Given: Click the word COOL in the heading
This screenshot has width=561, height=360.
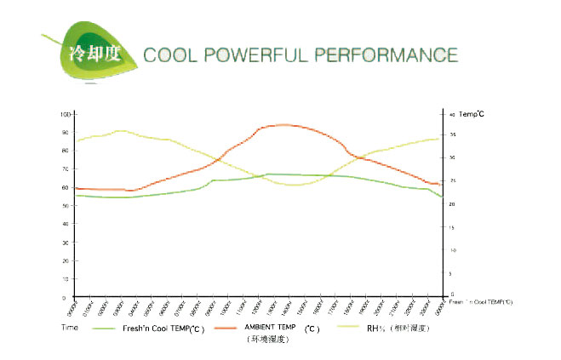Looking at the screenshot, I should pos(174,56).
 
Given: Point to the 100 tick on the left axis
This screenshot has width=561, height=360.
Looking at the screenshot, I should pos(66,113).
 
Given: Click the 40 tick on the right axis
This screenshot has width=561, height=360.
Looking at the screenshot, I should pos(451,113).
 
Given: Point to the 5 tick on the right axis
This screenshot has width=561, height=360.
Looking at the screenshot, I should pos(451,273).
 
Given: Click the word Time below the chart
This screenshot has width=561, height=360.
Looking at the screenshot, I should pos(70,327).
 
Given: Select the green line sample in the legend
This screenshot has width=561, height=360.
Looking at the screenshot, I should pos(106,328).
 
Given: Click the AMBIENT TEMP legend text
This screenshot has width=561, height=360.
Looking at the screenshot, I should pos(272,326).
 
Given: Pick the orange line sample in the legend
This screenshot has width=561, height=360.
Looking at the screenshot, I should pos(225,328).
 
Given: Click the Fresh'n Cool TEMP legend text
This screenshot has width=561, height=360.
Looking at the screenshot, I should pos(163,327).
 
